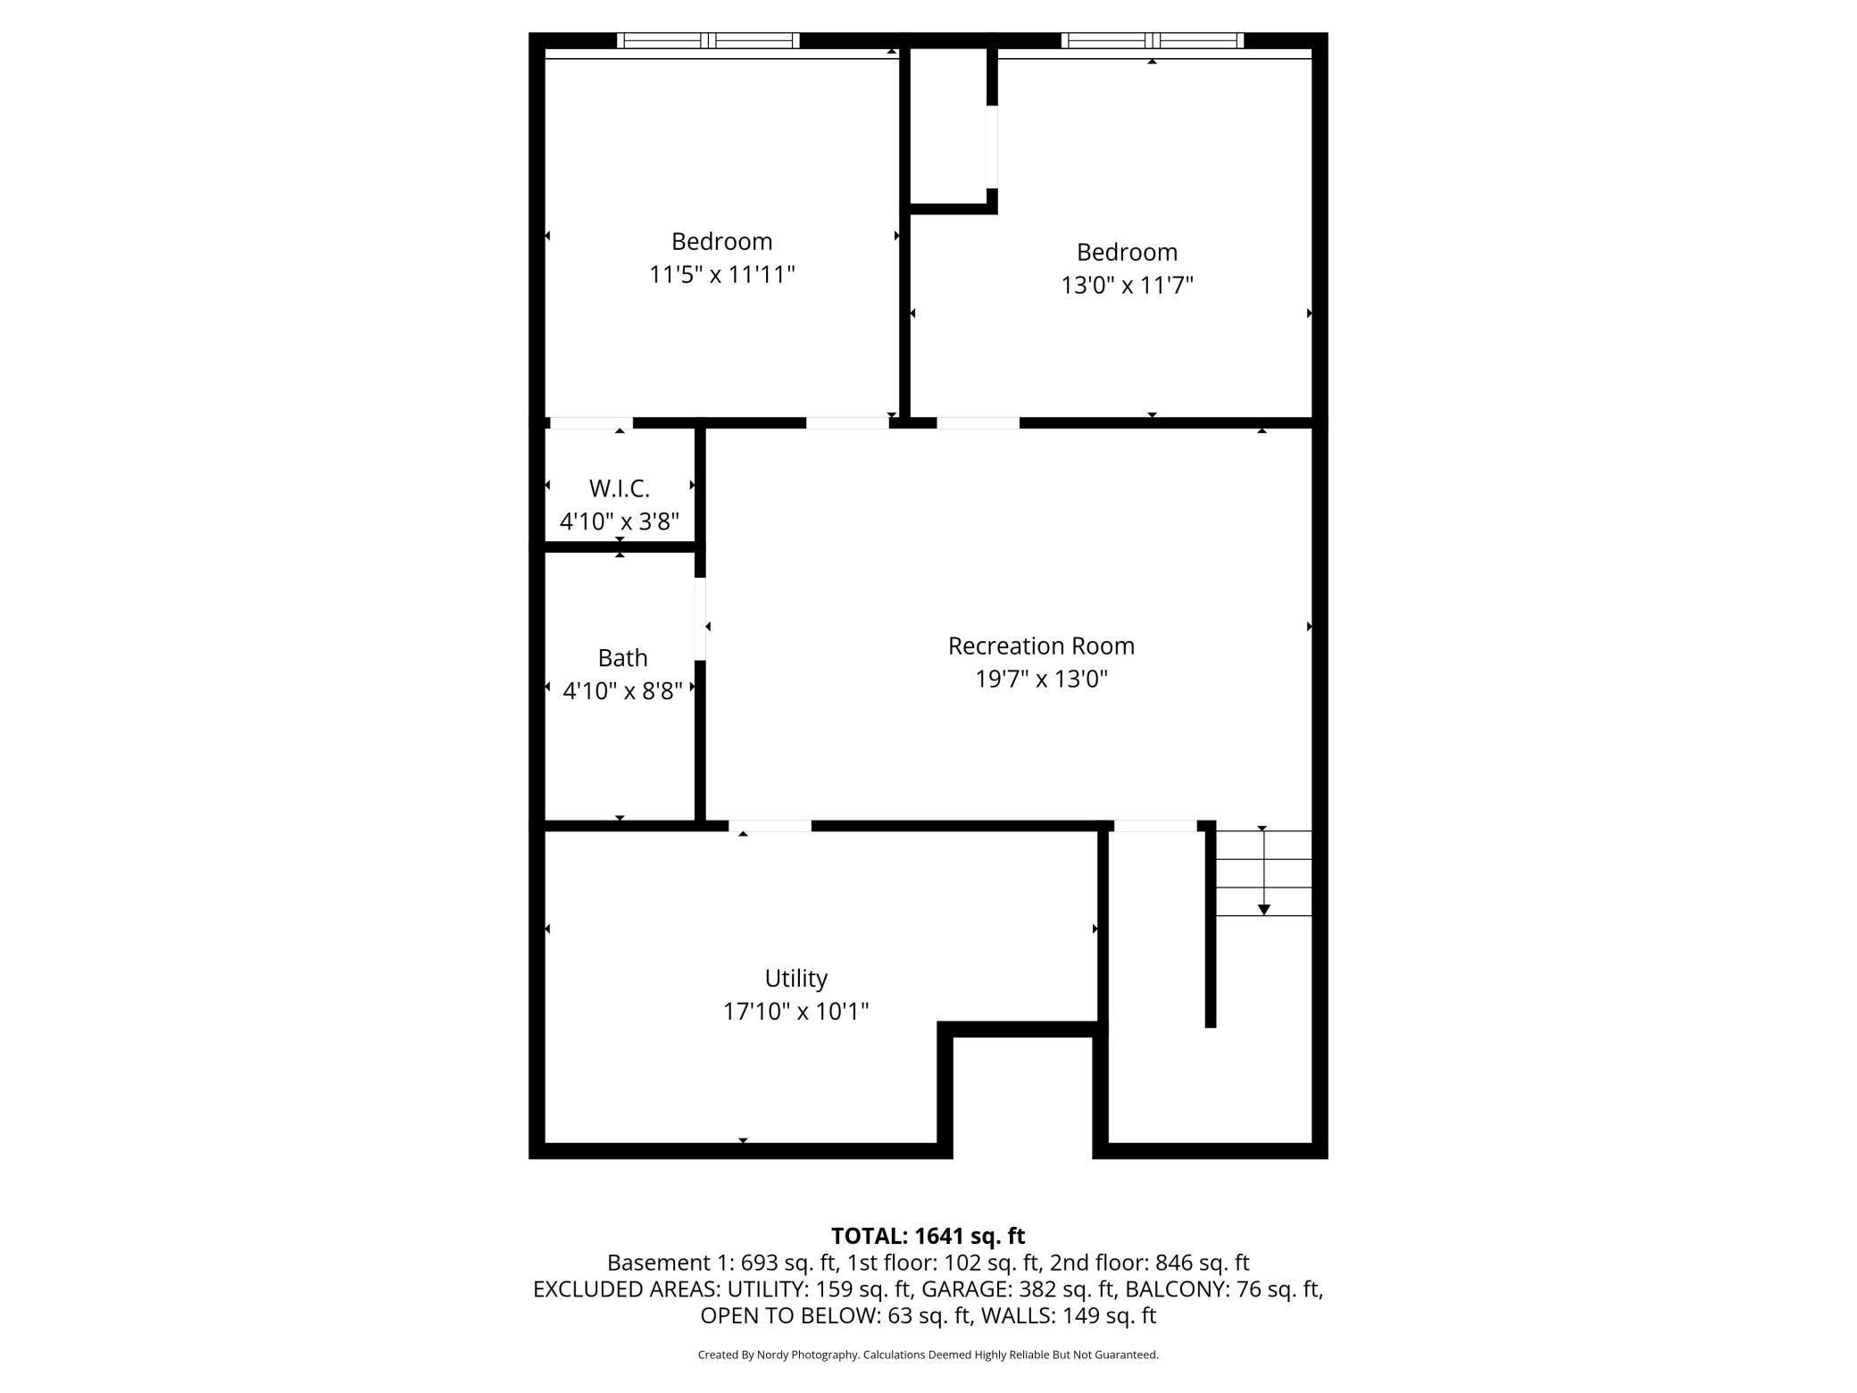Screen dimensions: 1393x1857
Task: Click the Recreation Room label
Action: [1041, 646]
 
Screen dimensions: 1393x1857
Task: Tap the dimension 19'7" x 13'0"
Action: [1041, 680]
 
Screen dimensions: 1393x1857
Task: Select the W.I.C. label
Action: [620, 488]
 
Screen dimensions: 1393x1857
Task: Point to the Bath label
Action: [622, 658]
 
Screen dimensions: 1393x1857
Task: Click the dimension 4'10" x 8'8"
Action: [622, 691]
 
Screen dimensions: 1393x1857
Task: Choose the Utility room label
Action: [795, 979]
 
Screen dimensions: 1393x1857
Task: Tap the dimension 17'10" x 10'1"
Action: [795, 1012]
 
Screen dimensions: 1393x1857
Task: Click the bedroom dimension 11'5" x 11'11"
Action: [721, 274]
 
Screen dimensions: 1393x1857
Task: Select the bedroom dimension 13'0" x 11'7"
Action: [1127, 286]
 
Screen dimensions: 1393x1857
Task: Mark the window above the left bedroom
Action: [708, 40]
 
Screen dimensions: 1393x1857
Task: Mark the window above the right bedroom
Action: [1153, 40]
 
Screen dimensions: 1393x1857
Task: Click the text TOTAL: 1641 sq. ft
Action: [928, 1236]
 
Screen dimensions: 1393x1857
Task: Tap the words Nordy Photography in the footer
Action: [807, 1355]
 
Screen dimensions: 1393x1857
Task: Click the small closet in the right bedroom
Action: [948, 125]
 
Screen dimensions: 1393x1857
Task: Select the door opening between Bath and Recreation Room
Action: [701, 619]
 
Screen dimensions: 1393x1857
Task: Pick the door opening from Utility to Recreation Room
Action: [770, 826]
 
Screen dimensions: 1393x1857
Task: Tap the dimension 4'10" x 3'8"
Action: [620, 521]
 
